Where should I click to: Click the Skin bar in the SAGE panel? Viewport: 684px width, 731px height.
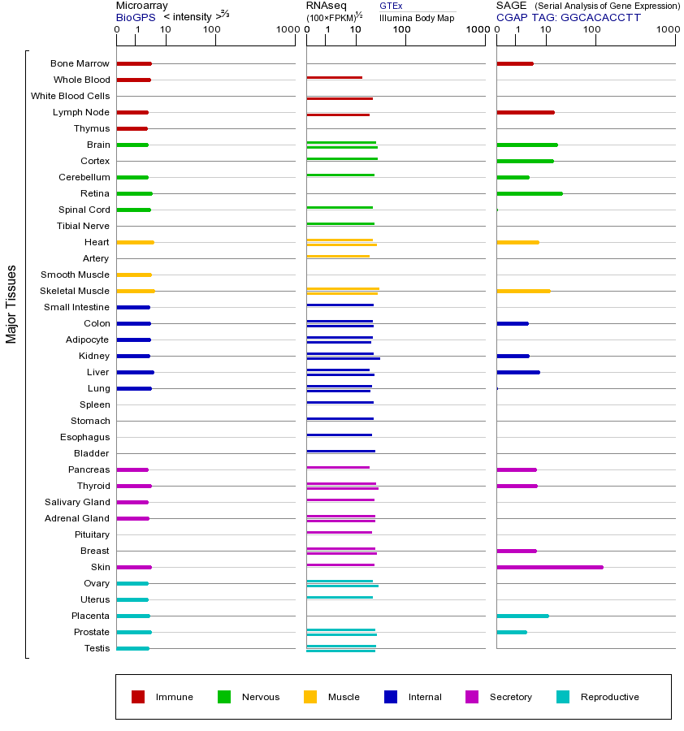(549, 567)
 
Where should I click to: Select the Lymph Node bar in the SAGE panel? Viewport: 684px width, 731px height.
(525, 112)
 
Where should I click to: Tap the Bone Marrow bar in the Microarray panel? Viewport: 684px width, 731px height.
(134, 63)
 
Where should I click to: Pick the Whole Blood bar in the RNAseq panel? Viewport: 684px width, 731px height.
(334, 77)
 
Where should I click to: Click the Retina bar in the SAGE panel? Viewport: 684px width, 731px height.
(529, 193)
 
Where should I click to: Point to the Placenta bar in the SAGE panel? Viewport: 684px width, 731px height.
(522, 616)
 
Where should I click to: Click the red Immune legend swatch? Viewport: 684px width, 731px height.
(138, 697)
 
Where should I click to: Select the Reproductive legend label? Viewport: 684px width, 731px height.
(609, 697)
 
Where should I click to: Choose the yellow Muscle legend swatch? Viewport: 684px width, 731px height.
(310, 697)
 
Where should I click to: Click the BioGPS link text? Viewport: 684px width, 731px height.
(135, 17)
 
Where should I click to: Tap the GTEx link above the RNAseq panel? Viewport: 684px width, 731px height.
(391, 6)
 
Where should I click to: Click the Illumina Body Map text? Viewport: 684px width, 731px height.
(417, 18)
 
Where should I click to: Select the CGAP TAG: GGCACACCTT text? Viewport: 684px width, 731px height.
(569, 17)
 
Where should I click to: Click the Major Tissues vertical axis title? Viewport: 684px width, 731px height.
(11, 304)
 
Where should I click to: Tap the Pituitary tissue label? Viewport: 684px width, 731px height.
(92, 534)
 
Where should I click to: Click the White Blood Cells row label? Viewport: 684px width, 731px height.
(70, 96)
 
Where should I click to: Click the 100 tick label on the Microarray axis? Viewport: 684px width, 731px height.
(212, 30)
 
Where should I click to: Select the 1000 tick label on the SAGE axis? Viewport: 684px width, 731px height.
(668, 30)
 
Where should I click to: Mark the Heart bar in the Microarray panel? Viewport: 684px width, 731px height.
(135, 242)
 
